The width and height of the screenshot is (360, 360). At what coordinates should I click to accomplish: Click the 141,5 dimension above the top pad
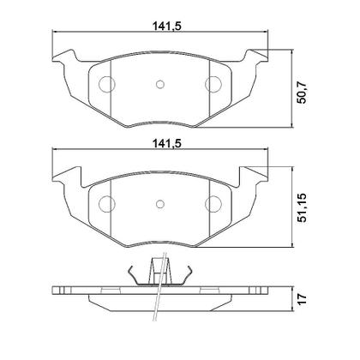(x=167, y=26)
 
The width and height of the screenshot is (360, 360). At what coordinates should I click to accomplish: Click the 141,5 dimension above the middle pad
(x=167, y=144)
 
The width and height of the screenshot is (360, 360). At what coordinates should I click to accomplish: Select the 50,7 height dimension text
(x=302, y=93)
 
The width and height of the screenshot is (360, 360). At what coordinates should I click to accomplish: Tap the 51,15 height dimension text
(x=302, y=208)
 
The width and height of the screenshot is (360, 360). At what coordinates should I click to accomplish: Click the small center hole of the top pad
(x=160, y=84)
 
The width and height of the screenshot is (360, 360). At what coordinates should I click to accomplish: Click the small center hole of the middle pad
(x=160, y=204)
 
